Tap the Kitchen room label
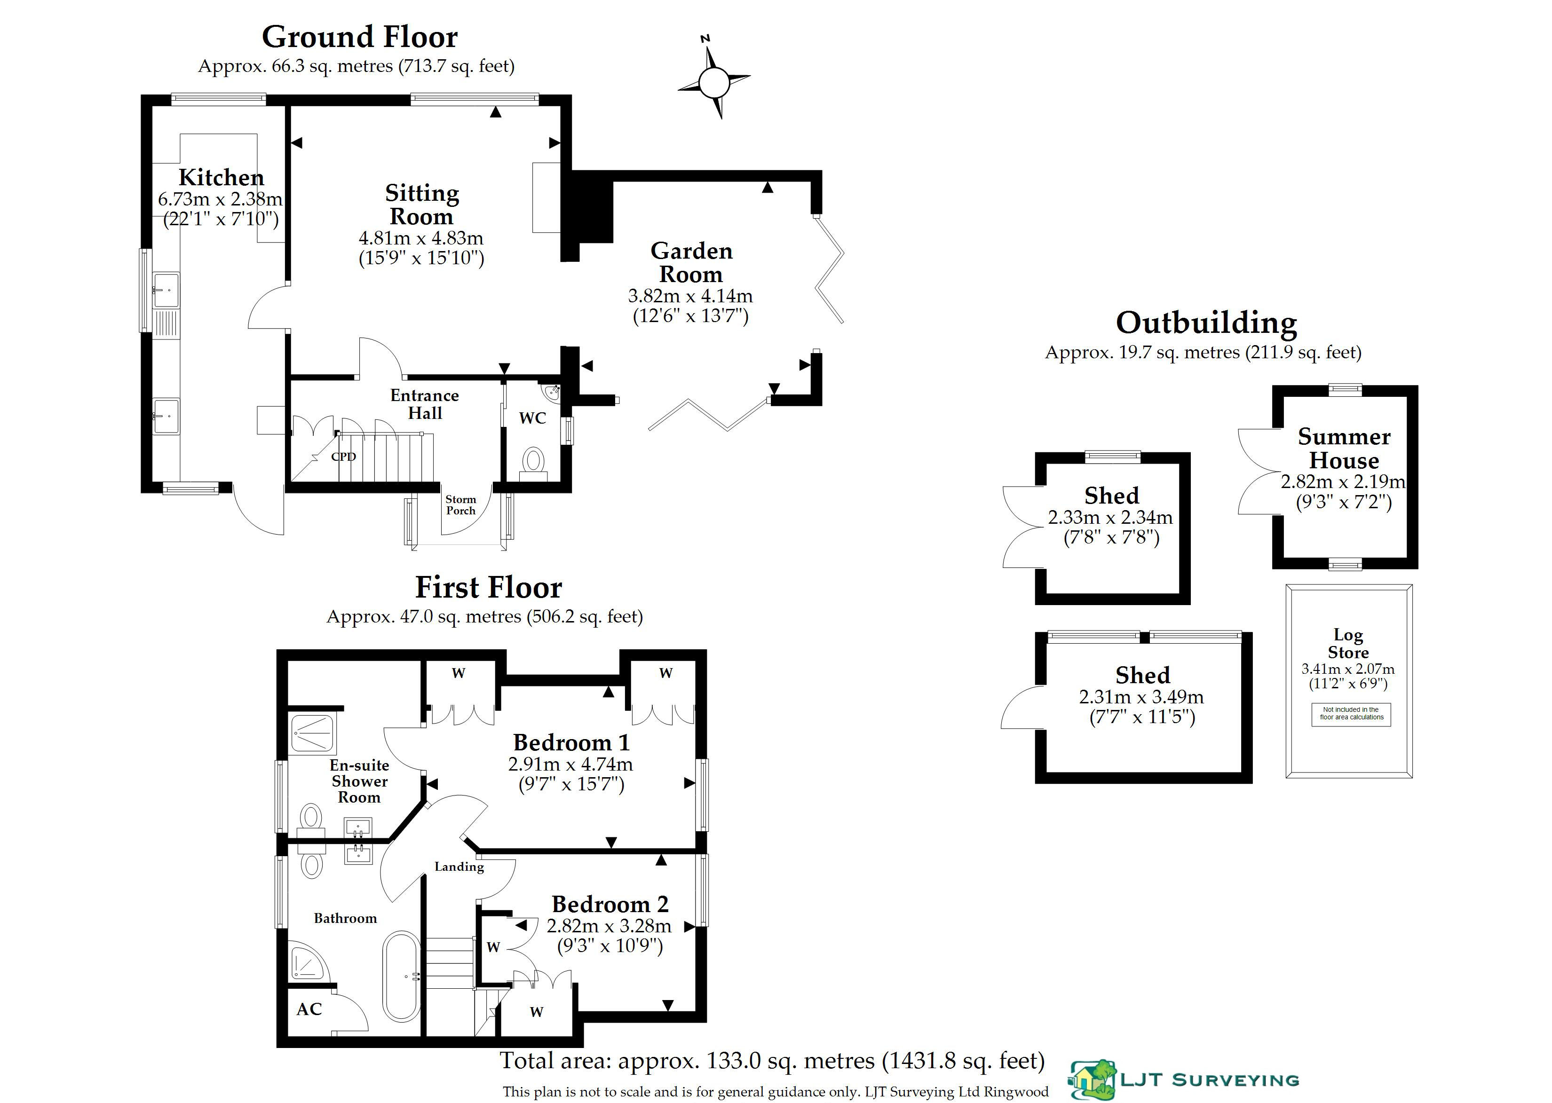tap(222, 177)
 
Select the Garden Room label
tap(691, 262)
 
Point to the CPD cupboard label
tap(344, 457)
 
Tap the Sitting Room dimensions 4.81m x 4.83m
tap(421, 238)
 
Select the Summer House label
tap(1344, 448)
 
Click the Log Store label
tap(1348, 643)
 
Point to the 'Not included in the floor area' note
tap(1351, 714)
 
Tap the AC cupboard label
tap(309, 1009)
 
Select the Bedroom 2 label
tap(610, 904)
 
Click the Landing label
tap(459, 867)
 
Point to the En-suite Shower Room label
tap(359, 781)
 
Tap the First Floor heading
tap(488, 588)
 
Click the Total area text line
tap(772, 1061)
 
